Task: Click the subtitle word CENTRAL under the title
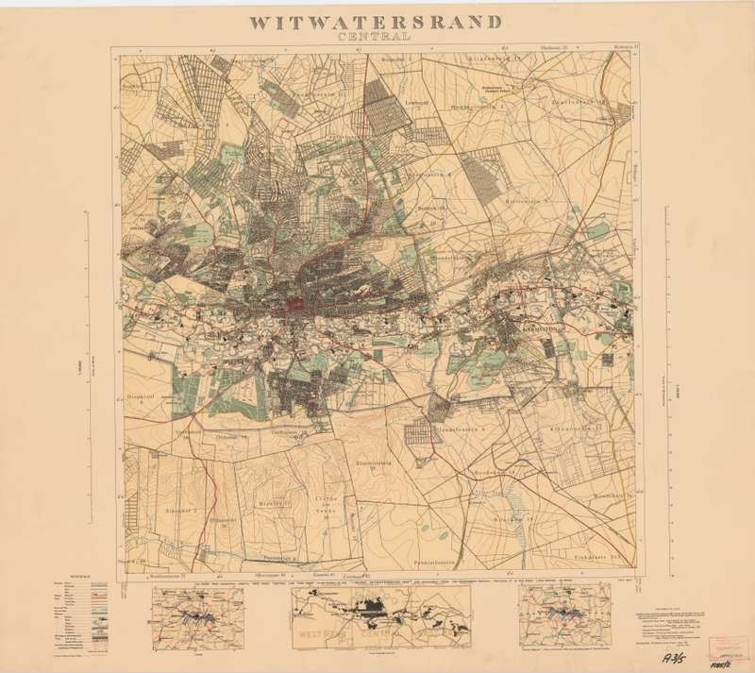coord(376,39)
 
